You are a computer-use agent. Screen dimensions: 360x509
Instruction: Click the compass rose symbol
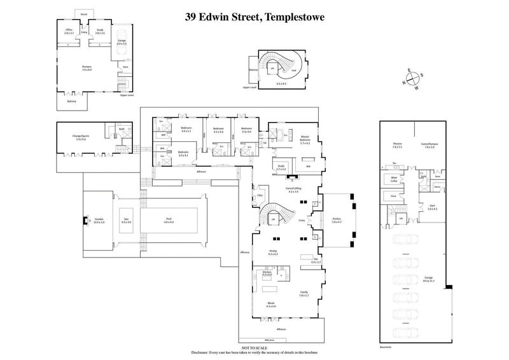click(412, 80)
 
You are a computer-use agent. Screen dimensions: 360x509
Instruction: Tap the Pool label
click(169, 219)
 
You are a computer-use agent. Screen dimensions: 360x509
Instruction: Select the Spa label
click(127, 219)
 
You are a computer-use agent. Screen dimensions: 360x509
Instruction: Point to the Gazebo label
click(98, 219)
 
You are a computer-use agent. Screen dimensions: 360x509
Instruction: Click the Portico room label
click(337, 219)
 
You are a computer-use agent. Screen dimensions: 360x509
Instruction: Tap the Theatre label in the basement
click(397, 144)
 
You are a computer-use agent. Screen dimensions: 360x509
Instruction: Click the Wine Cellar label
click(394, 179)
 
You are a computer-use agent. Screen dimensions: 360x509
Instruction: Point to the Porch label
click(84, 13)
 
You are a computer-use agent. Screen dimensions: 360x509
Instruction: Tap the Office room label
click(69, 29)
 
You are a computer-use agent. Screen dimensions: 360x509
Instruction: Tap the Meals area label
click(270, 303)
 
